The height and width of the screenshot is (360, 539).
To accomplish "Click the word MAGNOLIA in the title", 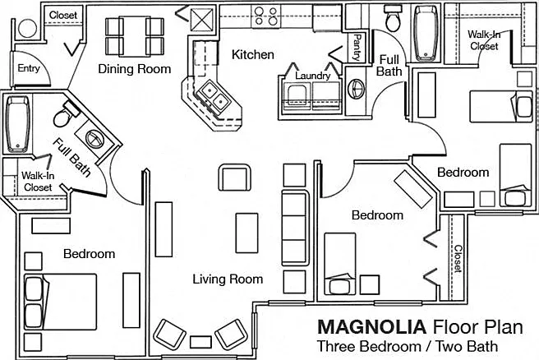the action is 371,326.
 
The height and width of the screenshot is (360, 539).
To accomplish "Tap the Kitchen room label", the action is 253,54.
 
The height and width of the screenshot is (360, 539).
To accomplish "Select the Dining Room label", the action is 135,69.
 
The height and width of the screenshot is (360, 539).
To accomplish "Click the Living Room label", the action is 228,279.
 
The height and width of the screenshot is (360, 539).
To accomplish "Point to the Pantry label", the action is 357,48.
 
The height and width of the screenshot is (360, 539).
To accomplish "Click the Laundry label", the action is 313,76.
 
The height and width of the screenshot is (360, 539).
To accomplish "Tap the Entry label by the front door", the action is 29,68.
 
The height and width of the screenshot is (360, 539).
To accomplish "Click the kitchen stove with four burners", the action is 265,16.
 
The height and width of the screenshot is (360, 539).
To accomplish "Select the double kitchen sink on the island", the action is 214,95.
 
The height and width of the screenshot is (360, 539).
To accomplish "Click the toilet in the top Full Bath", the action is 394,20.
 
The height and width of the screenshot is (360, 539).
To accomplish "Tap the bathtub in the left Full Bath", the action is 17,124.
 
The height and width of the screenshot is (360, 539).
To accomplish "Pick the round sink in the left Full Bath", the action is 94,140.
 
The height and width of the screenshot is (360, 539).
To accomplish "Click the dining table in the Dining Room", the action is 135,36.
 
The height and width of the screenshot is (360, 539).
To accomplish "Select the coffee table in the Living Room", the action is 246,233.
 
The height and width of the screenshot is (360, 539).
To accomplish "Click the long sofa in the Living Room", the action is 295,228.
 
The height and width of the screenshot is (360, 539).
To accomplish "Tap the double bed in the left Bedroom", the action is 60,302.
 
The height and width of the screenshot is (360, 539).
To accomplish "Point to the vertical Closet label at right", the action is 458,259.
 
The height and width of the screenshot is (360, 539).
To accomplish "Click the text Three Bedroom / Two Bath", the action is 408,346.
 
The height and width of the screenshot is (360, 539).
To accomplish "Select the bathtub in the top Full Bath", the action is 426,34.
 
